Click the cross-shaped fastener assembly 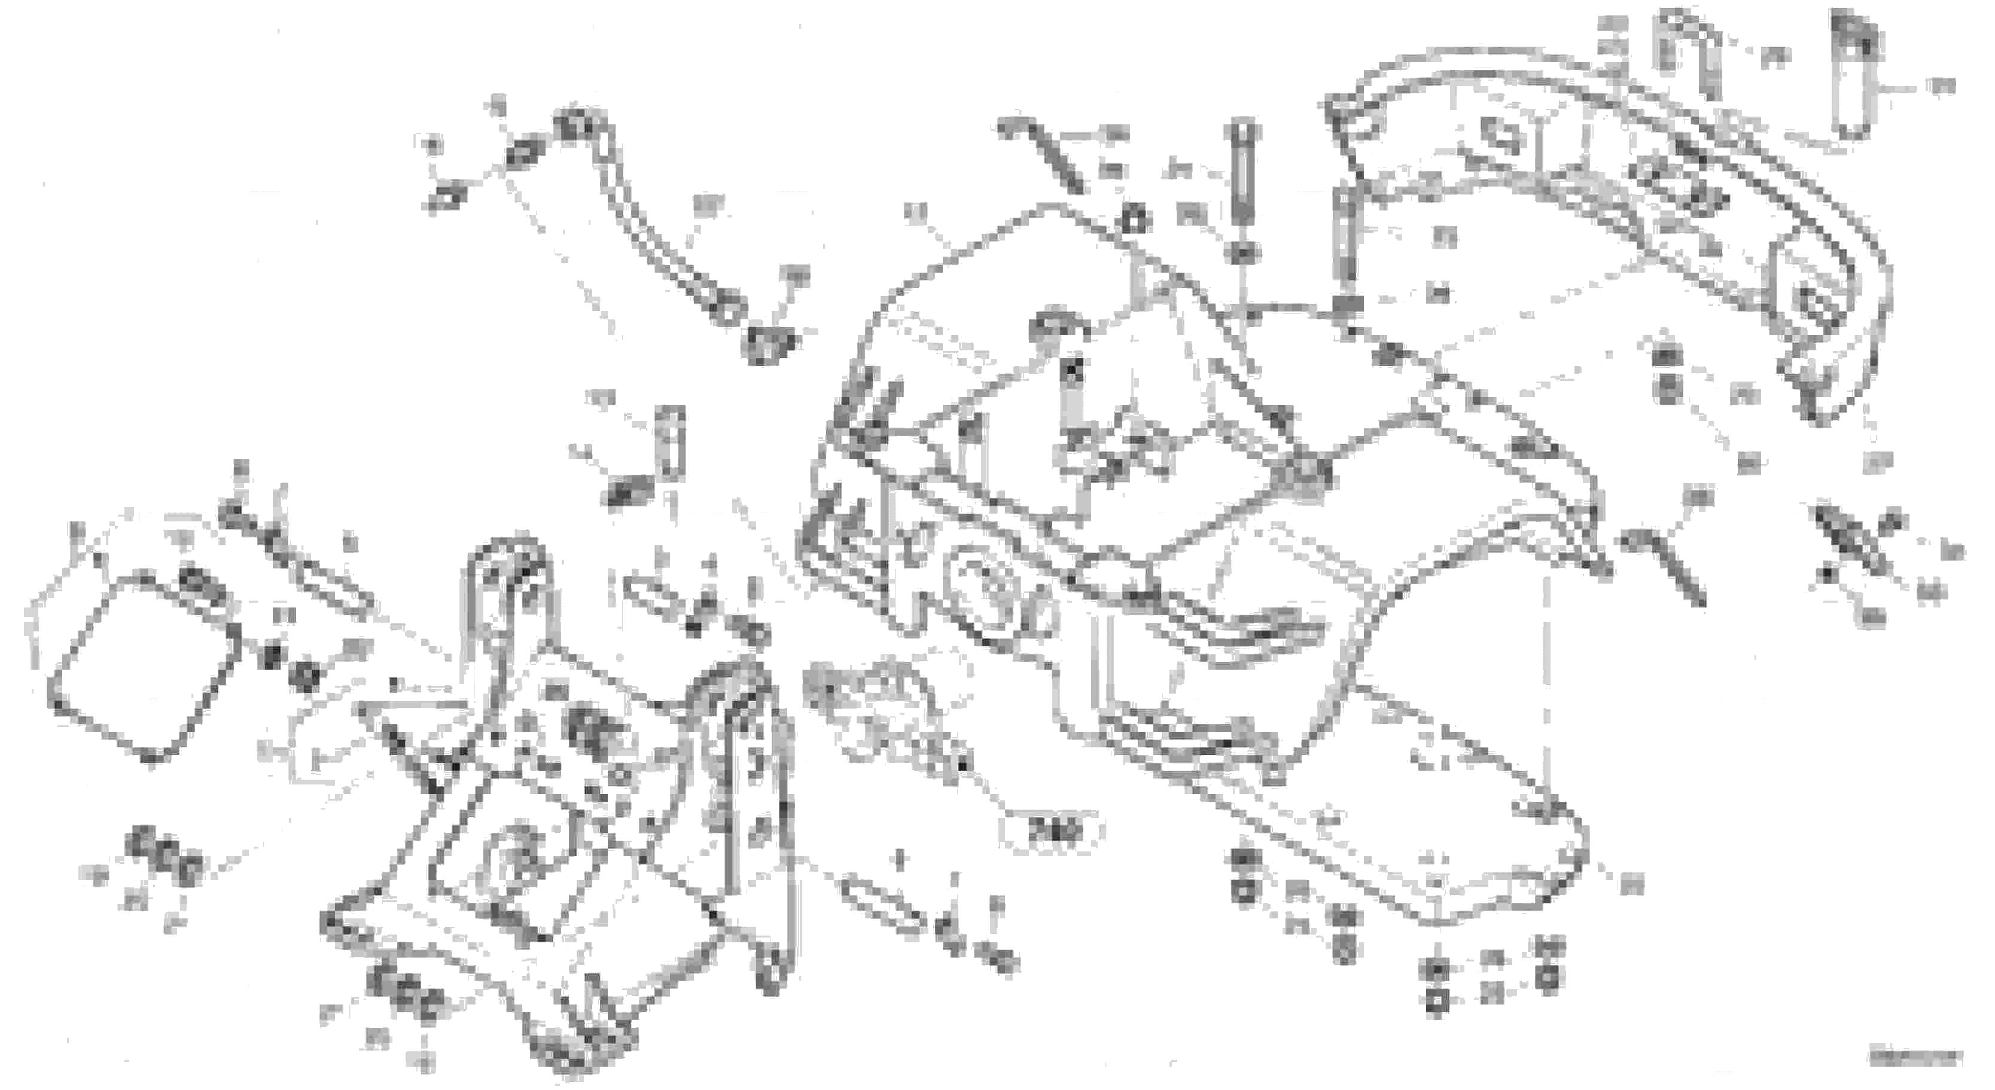click(1859, 542)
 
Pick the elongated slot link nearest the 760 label click(883, 906)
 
